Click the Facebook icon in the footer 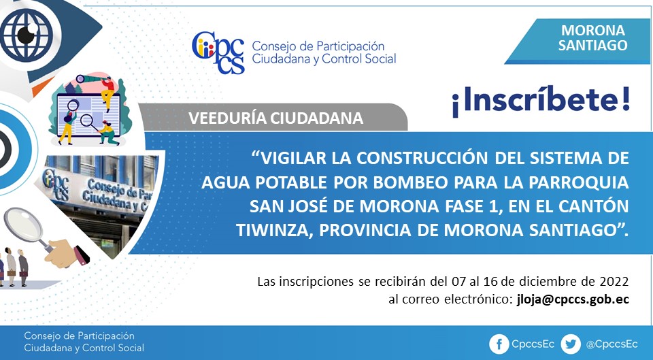(499, 344)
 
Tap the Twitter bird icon (571, 344)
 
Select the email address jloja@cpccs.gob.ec (573, 299)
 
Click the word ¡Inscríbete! (541, 101)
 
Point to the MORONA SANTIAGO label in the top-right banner (592, 37)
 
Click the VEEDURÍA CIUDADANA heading (275, 118)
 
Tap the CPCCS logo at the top (218, 52)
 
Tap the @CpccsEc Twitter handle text (612, 344)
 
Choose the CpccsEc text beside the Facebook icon (533, 344)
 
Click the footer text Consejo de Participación (79, 336)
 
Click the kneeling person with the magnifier (107, 133)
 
